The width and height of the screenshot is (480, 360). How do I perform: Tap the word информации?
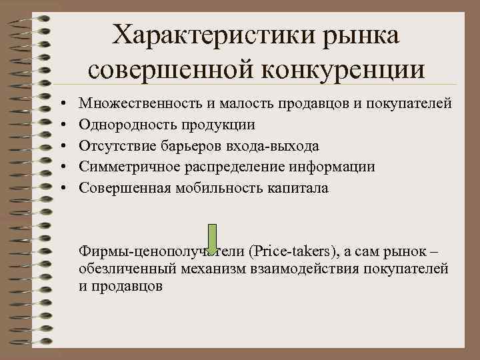(334, 167)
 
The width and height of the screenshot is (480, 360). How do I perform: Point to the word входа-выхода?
(277, 146)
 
